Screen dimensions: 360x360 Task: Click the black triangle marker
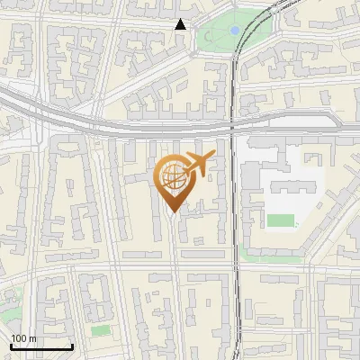(181, 25)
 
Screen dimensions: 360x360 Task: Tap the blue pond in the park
(235, 30)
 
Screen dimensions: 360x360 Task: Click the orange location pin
(173, 181)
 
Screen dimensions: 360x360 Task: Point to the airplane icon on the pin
(198, 164)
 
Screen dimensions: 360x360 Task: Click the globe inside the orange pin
(172, 175)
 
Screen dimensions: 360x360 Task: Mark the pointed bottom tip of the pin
(173, 212)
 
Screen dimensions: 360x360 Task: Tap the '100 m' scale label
(23, 338)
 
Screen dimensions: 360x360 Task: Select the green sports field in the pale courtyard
(280, 220)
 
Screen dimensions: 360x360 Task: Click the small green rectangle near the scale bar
(100, 331)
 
